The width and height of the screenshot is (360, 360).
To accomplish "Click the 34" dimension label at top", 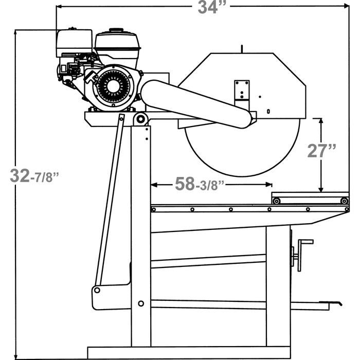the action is coord(213,7).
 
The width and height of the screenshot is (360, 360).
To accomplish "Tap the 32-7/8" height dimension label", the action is coord(34,176).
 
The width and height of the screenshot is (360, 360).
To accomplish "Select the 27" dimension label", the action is coord(321,151).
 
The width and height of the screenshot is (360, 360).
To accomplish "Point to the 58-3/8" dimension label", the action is coord(200,184).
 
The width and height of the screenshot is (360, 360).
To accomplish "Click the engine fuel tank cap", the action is coord(116,30).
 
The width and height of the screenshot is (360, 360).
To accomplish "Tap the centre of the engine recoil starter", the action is coord(113,86).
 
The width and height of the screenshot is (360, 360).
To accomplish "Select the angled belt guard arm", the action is coord(197,104).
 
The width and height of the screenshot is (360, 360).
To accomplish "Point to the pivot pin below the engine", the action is coord(141,119).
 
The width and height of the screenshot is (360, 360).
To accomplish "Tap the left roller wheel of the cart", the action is coord(277,202).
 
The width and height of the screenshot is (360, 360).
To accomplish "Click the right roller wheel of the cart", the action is coord(344,201).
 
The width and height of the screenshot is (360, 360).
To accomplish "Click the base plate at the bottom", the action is coord(189,353).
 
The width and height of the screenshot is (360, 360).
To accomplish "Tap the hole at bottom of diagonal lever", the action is coord(97,290).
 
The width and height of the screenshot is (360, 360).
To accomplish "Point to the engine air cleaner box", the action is coord(75,43).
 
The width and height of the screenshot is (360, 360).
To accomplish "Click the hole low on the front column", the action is coord(141,303).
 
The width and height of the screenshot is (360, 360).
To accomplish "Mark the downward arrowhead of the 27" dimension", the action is coord(321,189).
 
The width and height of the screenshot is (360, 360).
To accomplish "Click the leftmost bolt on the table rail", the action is coord(154,209).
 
